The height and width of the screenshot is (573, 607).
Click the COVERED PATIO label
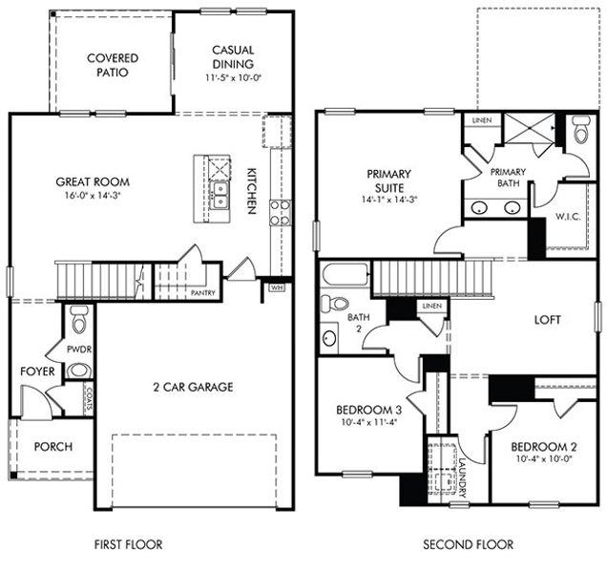point(113,65)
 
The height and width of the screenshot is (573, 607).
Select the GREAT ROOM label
point(93,181)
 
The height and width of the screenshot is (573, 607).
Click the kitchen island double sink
point(220,196)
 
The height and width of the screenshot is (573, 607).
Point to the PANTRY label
point(202,293)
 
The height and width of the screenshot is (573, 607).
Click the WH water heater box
point(277,286)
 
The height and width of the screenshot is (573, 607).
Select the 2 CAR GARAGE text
point(194,387)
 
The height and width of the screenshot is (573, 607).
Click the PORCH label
point(53,447)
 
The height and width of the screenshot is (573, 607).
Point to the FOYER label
point(36,371)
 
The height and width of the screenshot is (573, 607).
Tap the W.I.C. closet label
point(568,216)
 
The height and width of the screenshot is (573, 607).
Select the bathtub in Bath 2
point(345,274)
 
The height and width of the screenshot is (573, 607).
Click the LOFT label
point(547,321)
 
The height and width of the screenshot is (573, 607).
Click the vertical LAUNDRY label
point(460,476)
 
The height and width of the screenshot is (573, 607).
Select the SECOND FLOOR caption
point(468,545)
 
